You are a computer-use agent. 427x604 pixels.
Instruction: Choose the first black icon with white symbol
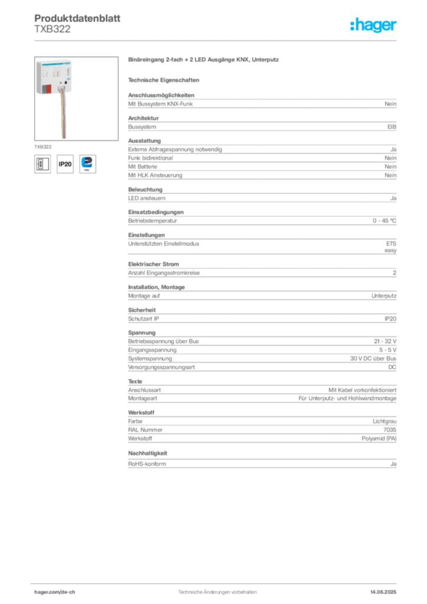(42, 163)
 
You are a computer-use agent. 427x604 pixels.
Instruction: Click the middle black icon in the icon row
(65, 164)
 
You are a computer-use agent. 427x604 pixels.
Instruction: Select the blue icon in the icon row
(88, 163)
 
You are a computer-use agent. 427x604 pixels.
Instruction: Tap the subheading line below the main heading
(165, 80)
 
